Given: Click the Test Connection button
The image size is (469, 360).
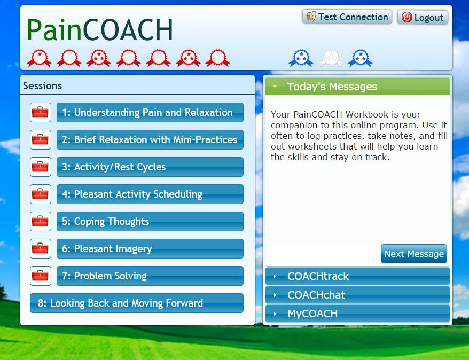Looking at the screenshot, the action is [347, 17].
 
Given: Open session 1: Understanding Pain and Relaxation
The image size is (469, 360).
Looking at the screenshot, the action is [150, 112].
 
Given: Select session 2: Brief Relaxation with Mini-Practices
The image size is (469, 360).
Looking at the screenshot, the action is [150, 139].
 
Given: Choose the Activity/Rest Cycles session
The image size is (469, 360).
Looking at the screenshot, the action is [150, 167].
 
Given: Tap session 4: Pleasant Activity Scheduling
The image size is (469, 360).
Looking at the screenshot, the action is [150, 194].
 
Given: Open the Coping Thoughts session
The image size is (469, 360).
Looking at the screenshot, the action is [150, 221].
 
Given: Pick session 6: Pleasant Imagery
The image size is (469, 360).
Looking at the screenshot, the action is [150, 248].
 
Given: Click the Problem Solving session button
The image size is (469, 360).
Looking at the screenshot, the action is [150, 276].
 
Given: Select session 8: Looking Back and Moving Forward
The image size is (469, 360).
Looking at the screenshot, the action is [137, 303].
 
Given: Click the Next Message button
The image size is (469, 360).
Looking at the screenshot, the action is [414, 254].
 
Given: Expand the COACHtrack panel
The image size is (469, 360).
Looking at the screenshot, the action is [357, 276].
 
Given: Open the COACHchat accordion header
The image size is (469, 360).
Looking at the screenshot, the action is [357, 295].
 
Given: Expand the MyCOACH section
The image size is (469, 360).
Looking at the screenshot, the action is [357, 314].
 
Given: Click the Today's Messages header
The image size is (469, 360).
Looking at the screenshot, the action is [357, 87].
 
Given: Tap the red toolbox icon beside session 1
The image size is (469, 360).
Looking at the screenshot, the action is [41, 112].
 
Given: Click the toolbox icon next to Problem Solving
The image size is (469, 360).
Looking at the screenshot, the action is [41, 276].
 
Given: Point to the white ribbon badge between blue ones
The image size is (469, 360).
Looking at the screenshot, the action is [331, 58].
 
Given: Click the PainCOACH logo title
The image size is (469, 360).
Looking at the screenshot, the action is [100, 29].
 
